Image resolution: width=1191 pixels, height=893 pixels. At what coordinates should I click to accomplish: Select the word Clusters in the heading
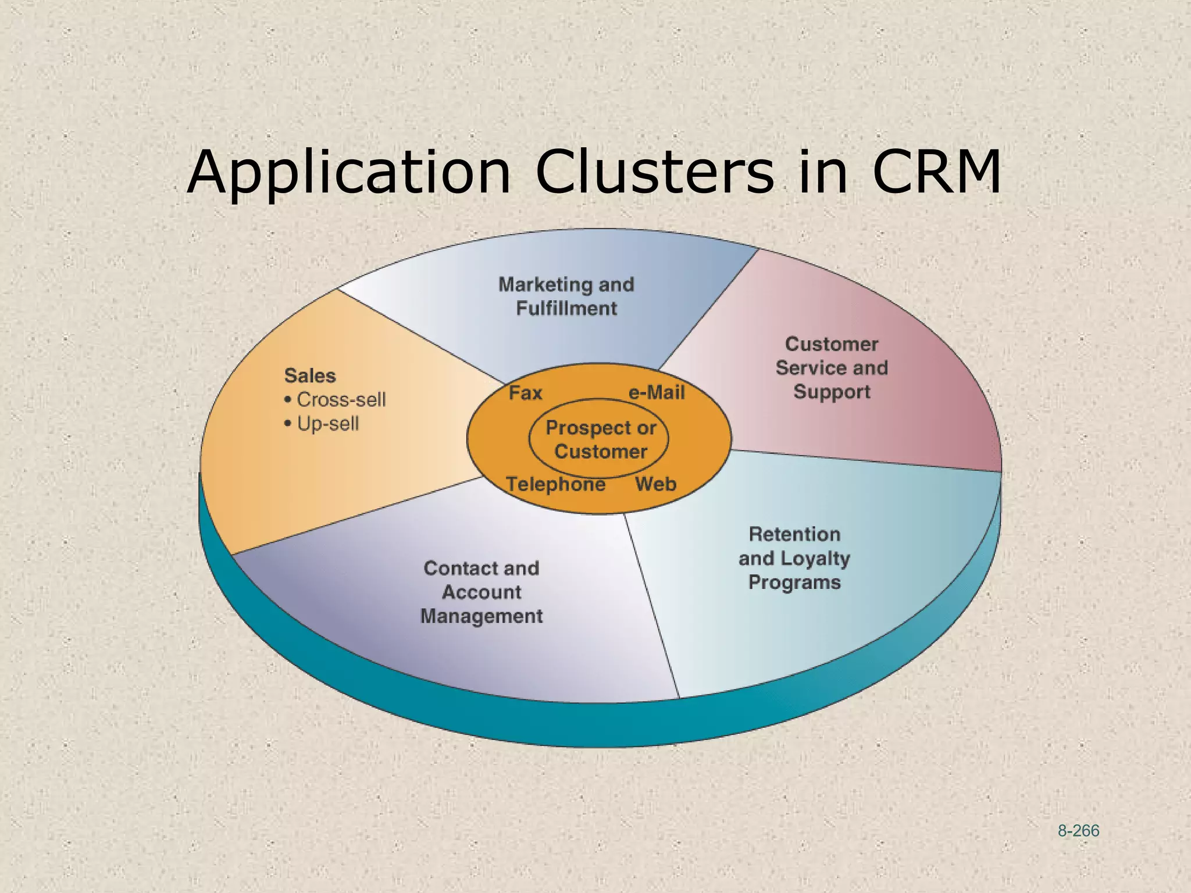pyautogui.click(x=654, y=172)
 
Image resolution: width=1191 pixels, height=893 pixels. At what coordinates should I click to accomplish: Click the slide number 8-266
pyautogui.click(x=1078, y=831)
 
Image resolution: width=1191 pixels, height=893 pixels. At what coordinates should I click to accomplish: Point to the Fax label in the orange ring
pyautogui.click(x=525, y=394)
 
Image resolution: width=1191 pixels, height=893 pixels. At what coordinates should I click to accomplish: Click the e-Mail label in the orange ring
pyautogui.click(x=657, y=393)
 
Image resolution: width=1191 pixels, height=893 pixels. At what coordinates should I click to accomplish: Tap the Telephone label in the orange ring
pyautogui.click(x=555, y=484)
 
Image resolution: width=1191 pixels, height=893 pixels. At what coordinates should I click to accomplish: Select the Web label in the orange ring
pyautogui.click(x=655, y=484)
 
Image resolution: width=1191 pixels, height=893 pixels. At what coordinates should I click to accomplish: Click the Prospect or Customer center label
pyautogui.click(x=601, y=440)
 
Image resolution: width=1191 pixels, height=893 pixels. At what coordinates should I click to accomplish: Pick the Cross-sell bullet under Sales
pyautogui.click(x=341, y=400)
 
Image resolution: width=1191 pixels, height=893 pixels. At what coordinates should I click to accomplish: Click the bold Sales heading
pyautogui.click(x=310, y=376)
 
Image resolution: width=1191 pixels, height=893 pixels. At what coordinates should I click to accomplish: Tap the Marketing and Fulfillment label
pyautogui.click(x=566, y=296)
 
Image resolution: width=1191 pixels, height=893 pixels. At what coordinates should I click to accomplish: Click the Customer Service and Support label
pyautogui.click(x=832, y=367)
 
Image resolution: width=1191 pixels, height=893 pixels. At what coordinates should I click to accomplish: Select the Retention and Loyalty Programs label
pyautogui.click(x=794, y=558)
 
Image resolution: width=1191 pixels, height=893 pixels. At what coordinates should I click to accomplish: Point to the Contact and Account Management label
pyautogui.click(x=482, y=592)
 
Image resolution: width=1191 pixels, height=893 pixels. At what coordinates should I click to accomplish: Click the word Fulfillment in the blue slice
pyautogui.click(x=566, y=308)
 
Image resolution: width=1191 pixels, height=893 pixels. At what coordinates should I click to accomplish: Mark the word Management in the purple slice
pyautogui.click(x=482, y=616)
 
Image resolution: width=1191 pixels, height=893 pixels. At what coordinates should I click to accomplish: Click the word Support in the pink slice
pyautogui.click(x=832, y=392)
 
